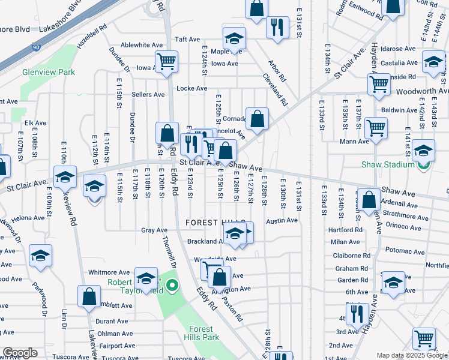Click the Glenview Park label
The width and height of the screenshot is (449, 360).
(49, 72)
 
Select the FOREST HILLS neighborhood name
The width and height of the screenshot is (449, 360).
(211, 222)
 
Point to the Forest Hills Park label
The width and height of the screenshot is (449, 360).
(201, 333)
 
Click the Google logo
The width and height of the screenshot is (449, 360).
(20, 353)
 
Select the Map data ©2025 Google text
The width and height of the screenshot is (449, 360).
(411, 355)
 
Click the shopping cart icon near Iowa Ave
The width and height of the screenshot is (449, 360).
(166, 61)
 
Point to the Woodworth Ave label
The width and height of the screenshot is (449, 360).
(423, 91)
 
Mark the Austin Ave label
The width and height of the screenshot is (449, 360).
(282, 220)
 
